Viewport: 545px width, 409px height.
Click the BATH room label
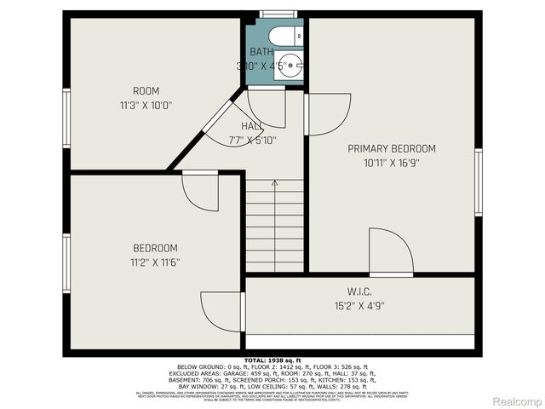click(x=262, y=52)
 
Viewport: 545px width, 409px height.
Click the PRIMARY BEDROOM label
click(x=392, y=148)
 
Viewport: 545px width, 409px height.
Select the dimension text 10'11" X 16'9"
click(x=392, y=162)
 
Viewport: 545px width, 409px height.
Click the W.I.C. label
click(x=359, y=292)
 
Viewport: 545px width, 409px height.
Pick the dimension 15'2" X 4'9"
click(x=359, y=305)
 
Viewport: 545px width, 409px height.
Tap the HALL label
click(x=252, y=126)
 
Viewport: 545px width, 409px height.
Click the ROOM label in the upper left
click(x=146, y=91)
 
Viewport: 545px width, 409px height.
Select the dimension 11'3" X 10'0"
click(x=146, y=106)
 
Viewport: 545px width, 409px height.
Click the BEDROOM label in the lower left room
click(x=154, y=248)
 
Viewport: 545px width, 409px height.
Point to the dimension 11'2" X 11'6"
click(x=154, y=262)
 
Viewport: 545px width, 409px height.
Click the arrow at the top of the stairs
click(x=274, y=183)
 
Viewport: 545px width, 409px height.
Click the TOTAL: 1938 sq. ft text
click(x=272, y=361)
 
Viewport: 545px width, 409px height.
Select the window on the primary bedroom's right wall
click(x=478, y=181)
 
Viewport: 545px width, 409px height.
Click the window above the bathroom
click(x=272, y=14)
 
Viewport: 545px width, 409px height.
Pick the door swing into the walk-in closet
click(x=391, y=253)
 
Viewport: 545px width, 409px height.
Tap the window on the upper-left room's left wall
click(x=66, y=119)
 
